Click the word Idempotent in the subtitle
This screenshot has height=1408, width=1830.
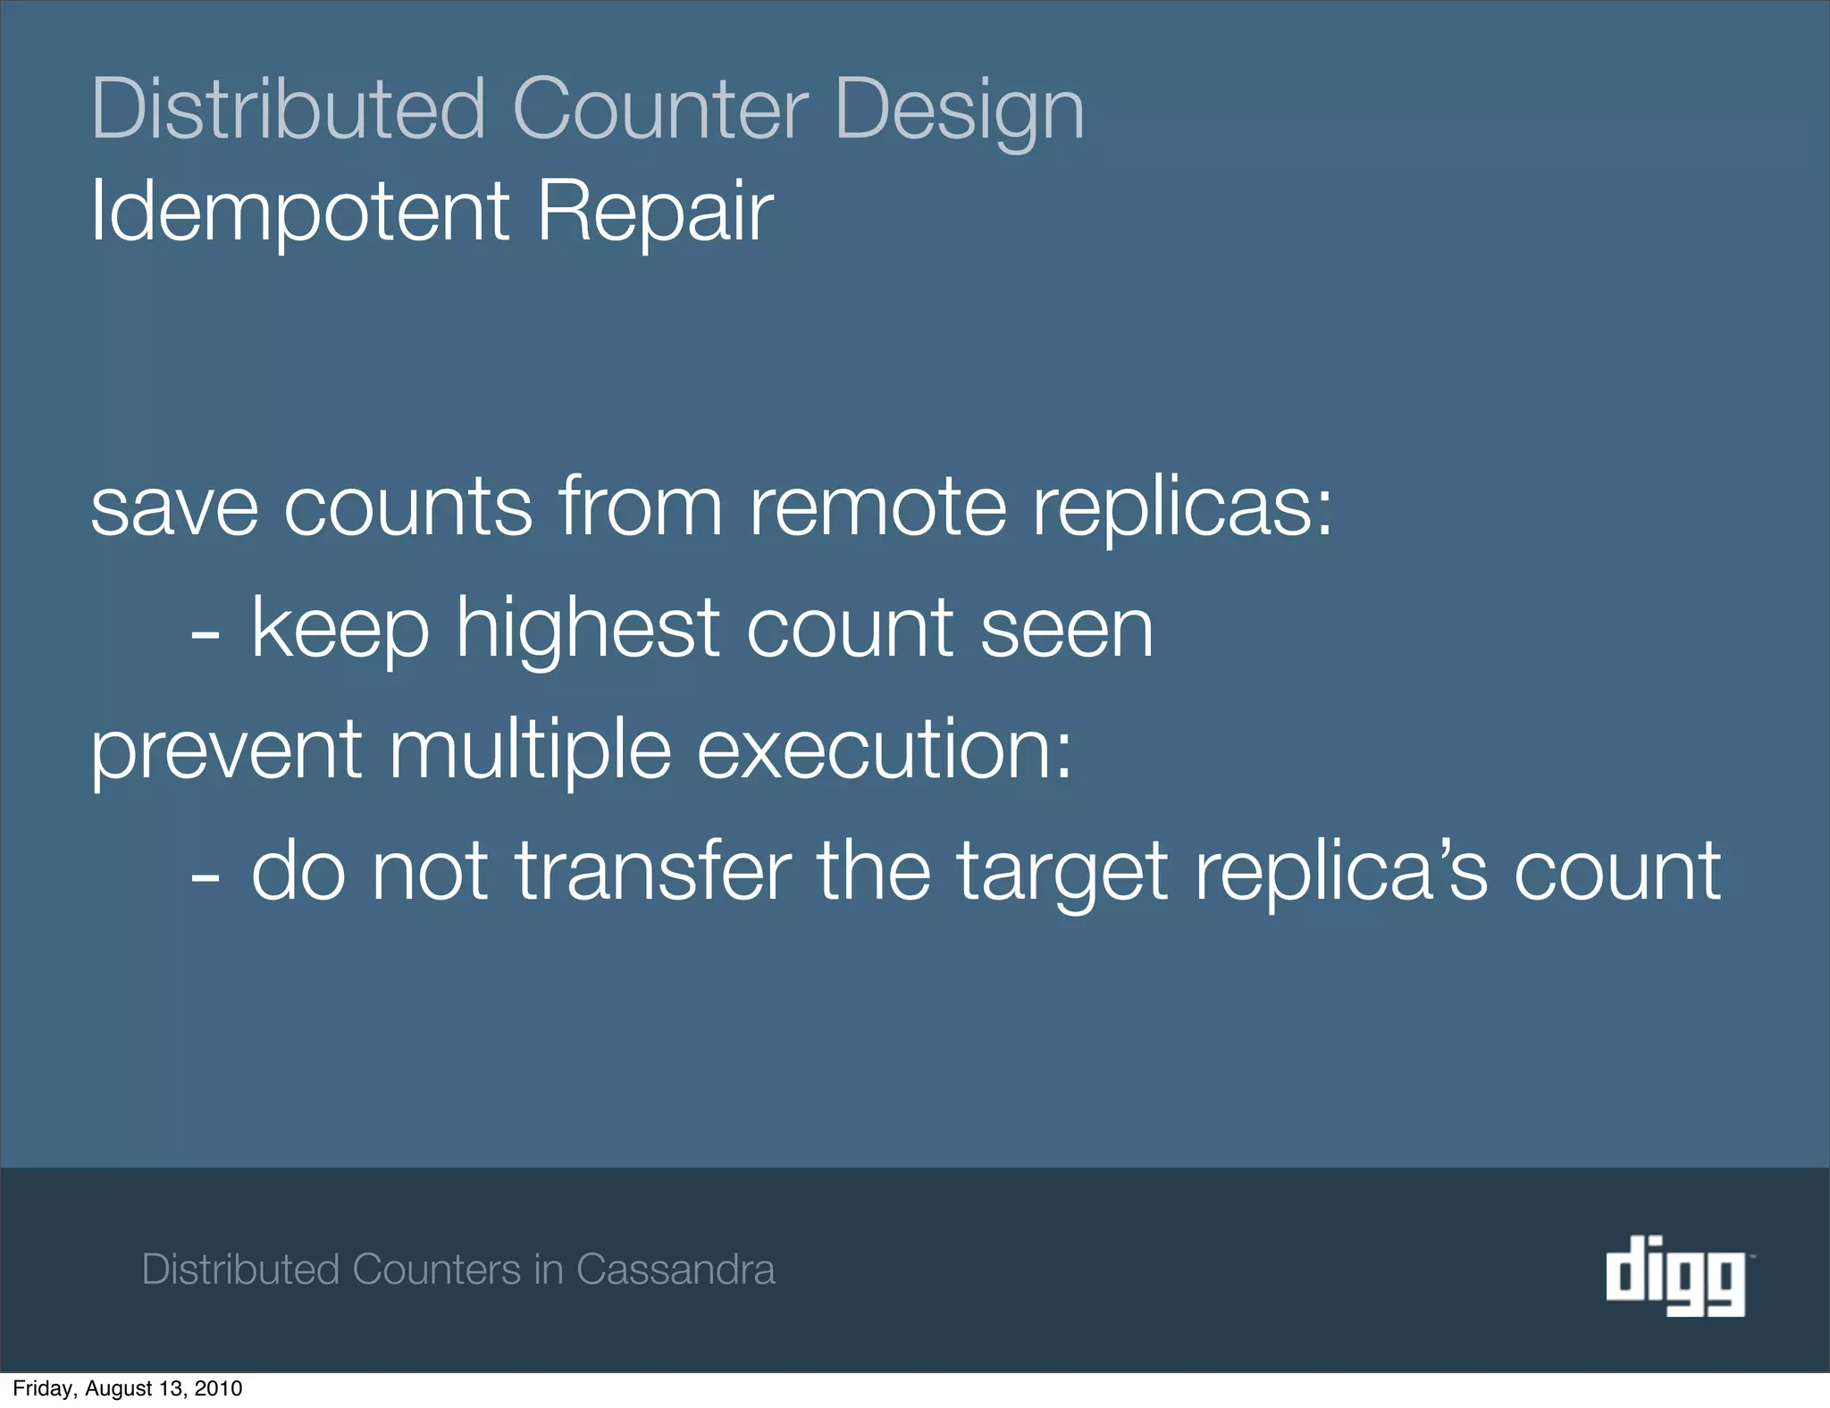click(x=299, y=212)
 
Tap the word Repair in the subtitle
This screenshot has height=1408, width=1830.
click(x=655, y=212)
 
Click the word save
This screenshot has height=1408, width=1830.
click(x=175, y=507)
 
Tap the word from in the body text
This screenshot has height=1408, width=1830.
click(x=641, y=507)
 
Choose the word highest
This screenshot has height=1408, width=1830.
click(x=587, y=629)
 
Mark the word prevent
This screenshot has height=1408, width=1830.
click(x=226, y=750)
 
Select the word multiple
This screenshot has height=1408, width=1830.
click(x=530, y=750)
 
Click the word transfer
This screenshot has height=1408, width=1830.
click(x=653, y=871)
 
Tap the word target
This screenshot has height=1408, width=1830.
click(x=1062, y=871)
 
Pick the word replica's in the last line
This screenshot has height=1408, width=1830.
click(x=1340, y=871)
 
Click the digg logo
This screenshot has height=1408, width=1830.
click(x=1675, y=1275)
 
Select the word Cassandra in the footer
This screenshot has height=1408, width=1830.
click(x=676, y=1270)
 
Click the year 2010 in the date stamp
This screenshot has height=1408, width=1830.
click(x=220, y=1388)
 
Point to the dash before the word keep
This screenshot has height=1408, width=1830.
click(x=205, y=636)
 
